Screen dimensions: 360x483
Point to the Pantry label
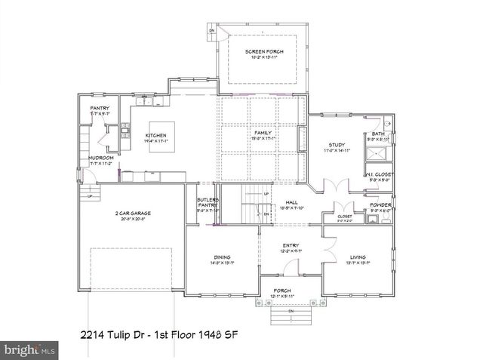coord(100,109)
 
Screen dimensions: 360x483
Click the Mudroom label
coord(100,158)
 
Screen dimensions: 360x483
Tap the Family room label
coord(262,133)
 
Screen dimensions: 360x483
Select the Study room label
coord(336,145)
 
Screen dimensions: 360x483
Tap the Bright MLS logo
coord(29,350)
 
